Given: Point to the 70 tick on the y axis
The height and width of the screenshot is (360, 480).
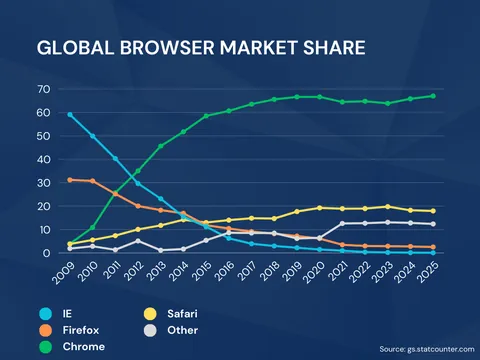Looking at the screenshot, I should [x=43, y=89].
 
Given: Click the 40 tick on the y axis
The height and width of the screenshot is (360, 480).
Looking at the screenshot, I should [x=43, y=159].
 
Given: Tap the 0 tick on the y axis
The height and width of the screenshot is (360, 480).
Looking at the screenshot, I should [x=46, y=253].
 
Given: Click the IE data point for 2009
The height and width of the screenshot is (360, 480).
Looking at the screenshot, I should [x=70, y=115].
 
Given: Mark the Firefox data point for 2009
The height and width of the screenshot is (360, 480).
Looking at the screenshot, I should [x=70, y=180].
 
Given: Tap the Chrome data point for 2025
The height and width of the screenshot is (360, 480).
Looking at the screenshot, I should [x=432, y=96].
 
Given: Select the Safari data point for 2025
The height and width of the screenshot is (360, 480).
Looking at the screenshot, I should [x=432, y=211].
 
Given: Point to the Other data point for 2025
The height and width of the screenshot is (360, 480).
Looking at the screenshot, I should [x=432, y=224].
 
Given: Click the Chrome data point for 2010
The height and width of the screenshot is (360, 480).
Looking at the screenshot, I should [x=93, y=227].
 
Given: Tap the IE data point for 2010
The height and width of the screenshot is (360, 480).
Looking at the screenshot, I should [x=93, y=136].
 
